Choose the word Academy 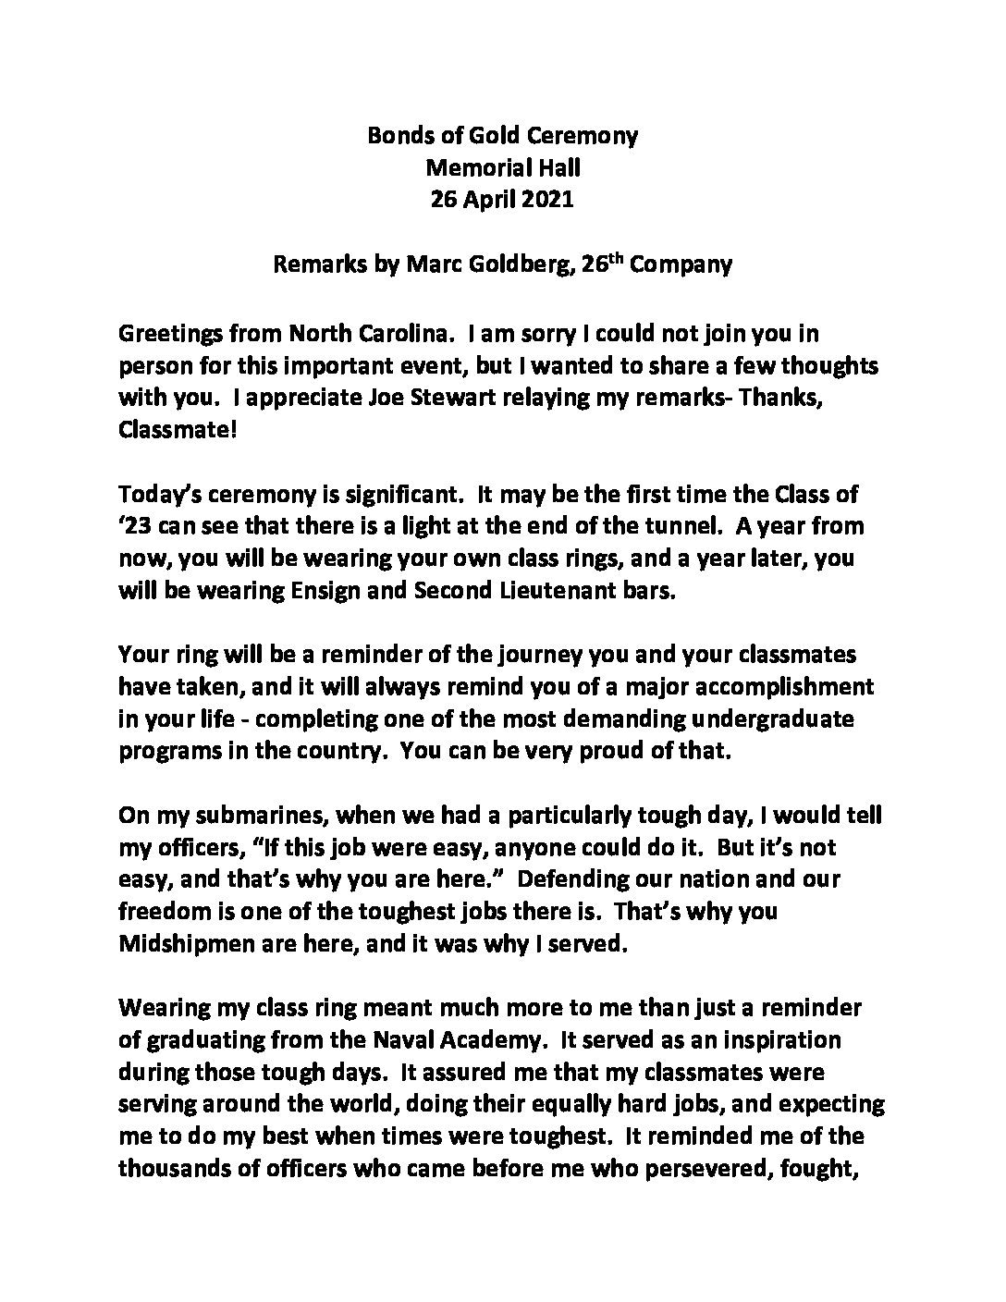(485, 1040)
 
